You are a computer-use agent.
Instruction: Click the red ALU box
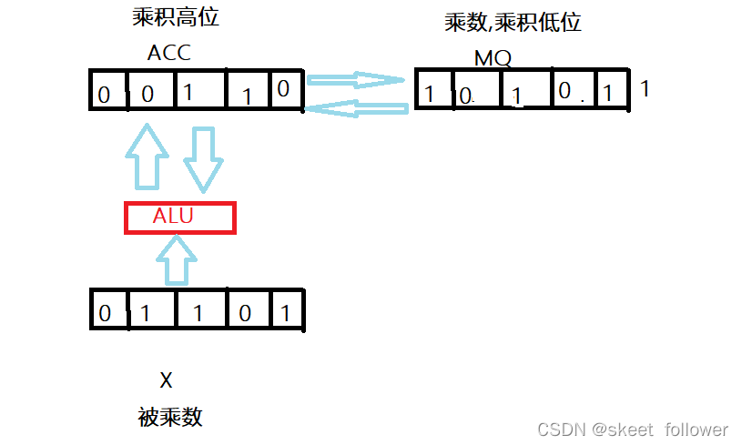point(179,217)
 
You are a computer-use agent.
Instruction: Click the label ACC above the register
point(169,53)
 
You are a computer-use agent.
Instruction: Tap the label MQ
point(493,59)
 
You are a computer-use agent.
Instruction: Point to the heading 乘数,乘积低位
point(513,23)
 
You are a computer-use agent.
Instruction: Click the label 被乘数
point(170,417)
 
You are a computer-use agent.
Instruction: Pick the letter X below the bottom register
point(166,379)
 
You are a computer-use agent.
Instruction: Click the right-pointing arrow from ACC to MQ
point(356,80)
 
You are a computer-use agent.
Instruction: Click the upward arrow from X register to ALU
point(178,259)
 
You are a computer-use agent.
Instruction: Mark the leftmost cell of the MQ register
point(435,90)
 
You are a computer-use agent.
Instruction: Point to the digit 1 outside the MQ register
point(645,89)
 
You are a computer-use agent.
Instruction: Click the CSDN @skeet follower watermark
point(632,430)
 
